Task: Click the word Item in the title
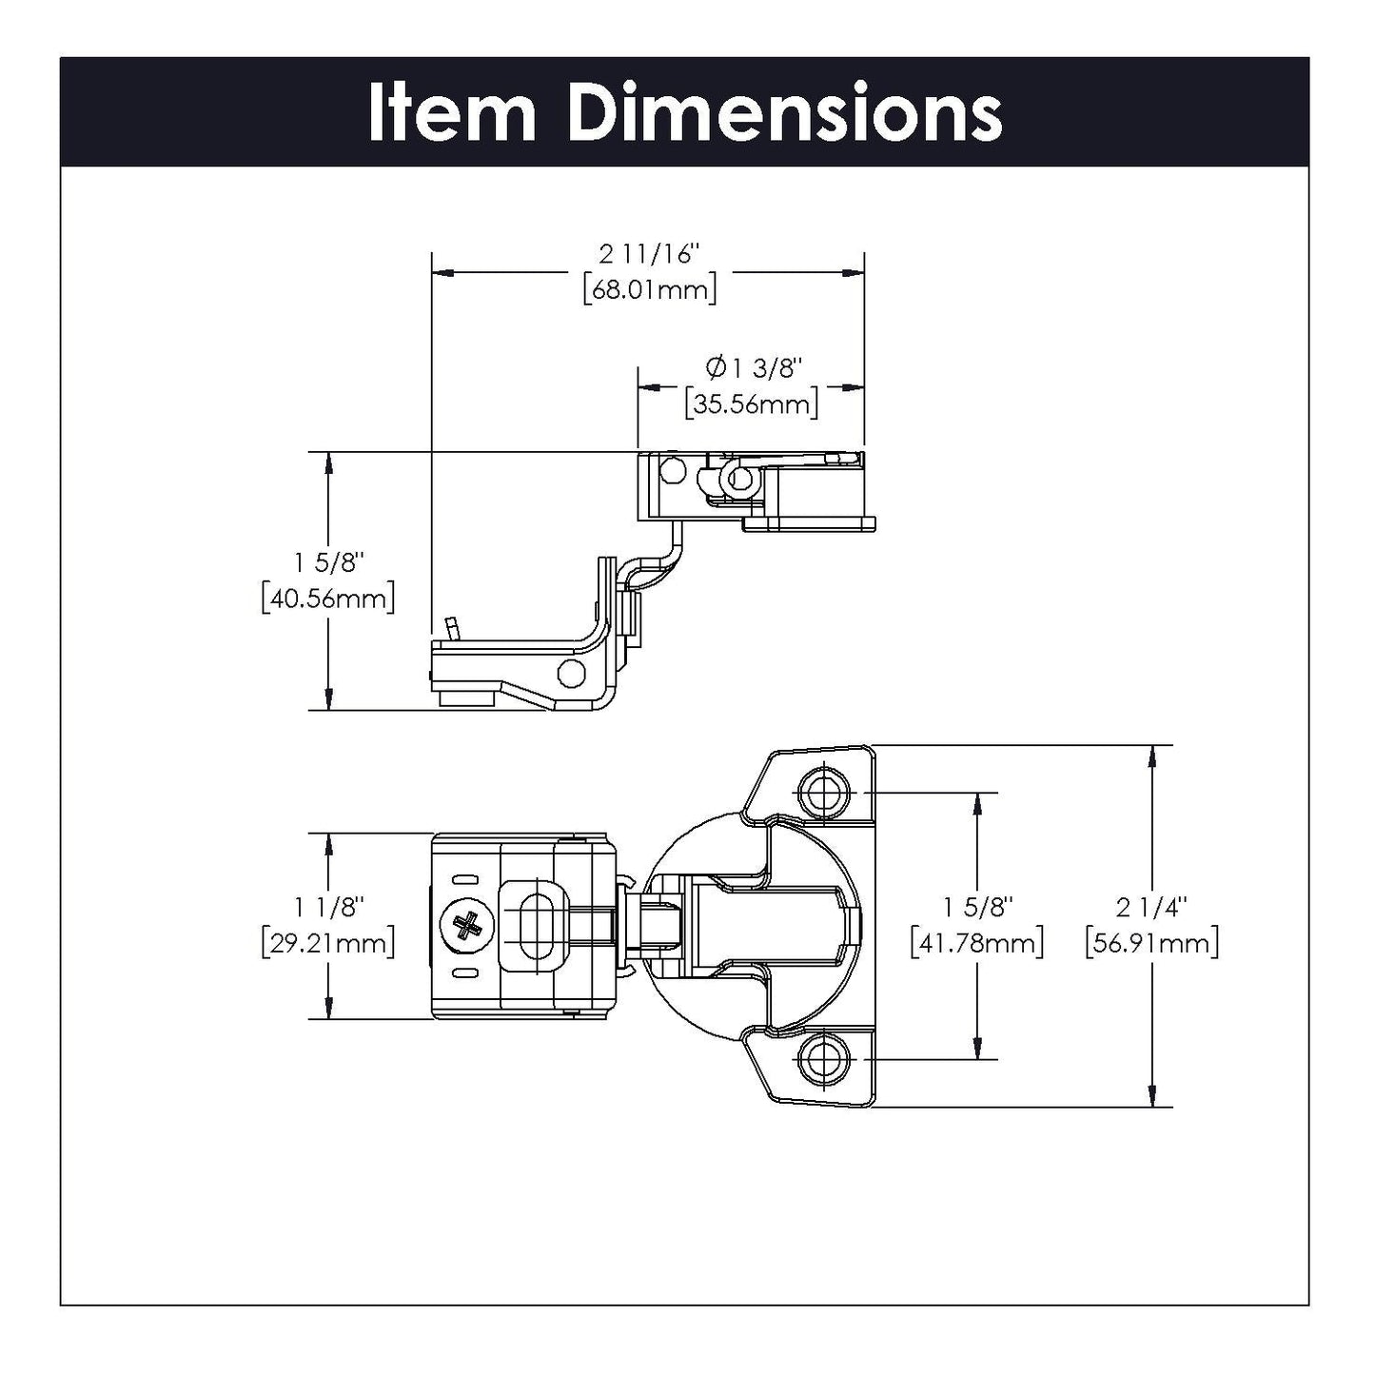click(451, 113)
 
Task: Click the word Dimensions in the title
click(785, 113)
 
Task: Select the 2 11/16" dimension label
click(649, 255)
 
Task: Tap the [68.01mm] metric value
click(649, 289)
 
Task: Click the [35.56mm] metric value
click(752, 403)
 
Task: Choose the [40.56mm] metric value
click(327, 599)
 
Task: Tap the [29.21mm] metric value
click(327, 943)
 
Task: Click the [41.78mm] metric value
click(976, 943)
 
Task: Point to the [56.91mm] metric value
click(1152, 943)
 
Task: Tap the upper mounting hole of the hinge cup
click(821, 792)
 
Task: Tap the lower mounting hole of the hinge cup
click(821, 1058)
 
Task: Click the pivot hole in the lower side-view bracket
click(571, 673)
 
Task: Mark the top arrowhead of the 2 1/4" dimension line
click(1153, 756)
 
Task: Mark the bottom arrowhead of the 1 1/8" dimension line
click(329, 1009)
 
